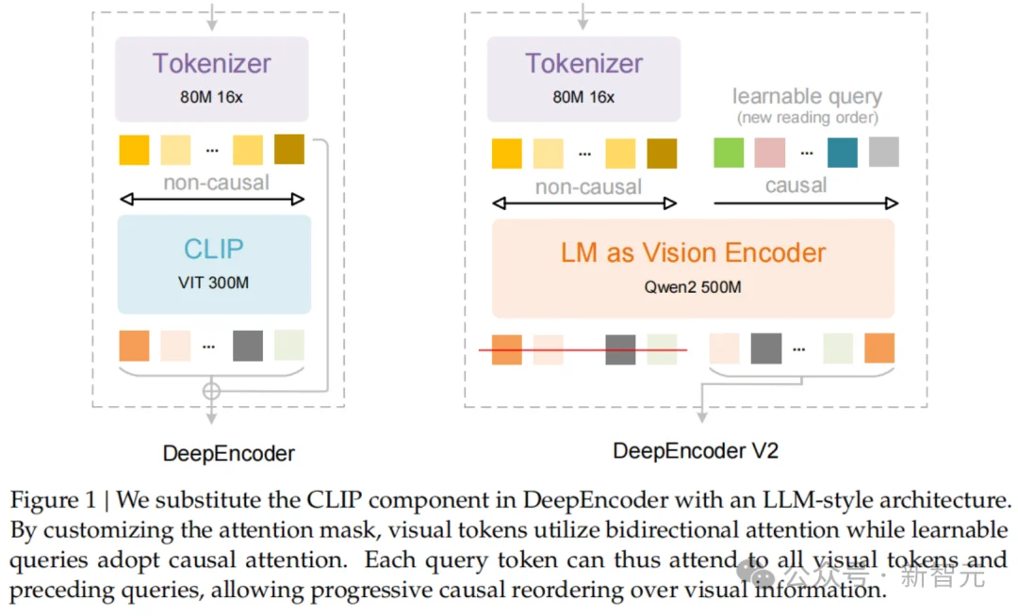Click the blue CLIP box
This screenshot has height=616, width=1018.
[214, 264]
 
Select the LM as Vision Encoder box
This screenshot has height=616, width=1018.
[693, 267]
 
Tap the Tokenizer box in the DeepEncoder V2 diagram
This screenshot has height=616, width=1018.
[583, 75]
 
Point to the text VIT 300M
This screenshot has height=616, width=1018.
[214, 282]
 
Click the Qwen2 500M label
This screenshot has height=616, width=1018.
[693, 286]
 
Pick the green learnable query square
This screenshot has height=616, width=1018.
[729, 152]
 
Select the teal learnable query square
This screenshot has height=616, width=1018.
[842, 152]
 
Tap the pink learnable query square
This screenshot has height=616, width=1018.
[769, 152]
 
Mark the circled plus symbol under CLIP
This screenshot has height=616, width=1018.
[212, 389]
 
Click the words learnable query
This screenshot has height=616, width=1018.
[807, 96]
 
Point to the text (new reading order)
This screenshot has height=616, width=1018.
[807, 118]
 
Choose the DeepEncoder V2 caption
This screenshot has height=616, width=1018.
[696, 450]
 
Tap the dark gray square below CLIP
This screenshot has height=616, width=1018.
[248, 346]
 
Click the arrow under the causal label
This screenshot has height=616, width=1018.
[806, 203]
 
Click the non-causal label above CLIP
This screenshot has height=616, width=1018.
[216, 183]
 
